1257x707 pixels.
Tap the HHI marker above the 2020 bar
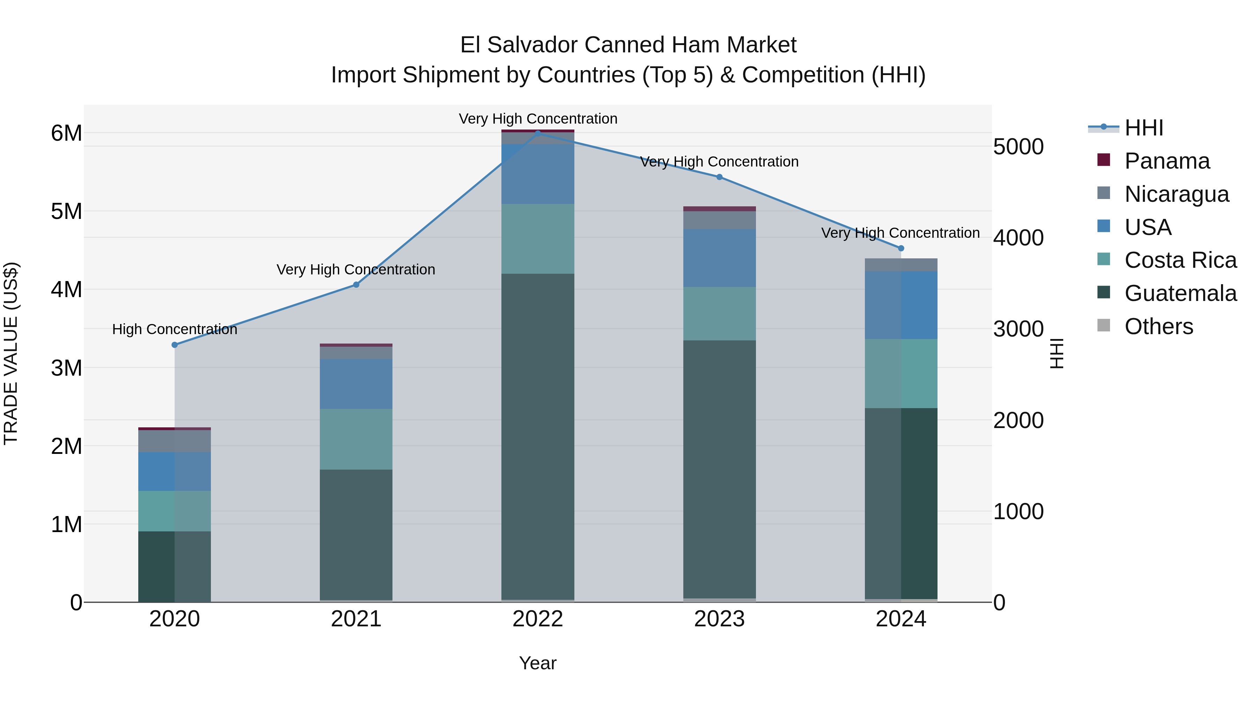click(x=175, y=345)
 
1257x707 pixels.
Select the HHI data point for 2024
click(x=901, y=248)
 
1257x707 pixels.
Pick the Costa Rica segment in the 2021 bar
click(x=356, y=439)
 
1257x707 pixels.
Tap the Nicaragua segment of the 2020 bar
click(x=175, y=441)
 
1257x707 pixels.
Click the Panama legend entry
click(x=1166, y=161)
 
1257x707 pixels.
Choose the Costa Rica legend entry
click(x=1180, y=260)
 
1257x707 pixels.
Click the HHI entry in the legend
click(x=1143, y=128)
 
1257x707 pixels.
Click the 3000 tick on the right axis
click(x=1019, y=329)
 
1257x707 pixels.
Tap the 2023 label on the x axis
click(x=719, y=619)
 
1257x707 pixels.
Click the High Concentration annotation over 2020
click(x=175, y=329)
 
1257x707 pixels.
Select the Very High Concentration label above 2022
click(x=538, y=119)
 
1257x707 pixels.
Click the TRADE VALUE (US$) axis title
click(x=11, y=353)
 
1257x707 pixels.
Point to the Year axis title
click(x=538, y=663)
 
